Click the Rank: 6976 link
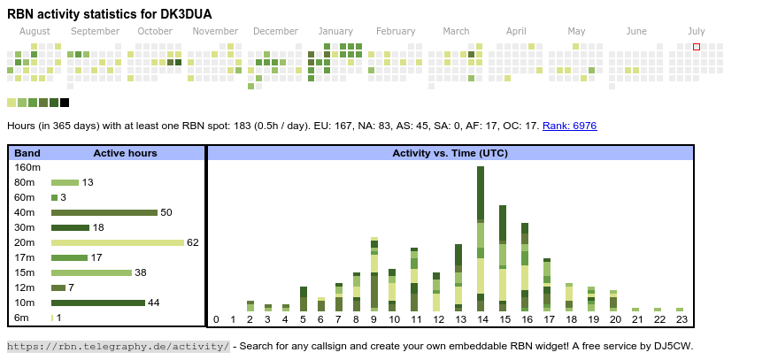(569, 126)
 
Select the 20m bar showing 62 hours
(117, 242)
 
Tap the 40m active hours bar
(104, 212)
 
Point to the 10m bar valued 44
(97, 303)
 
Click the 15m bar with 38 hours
(91, 272)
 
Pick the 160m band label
(27, 167)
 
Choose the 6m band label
(22, 318)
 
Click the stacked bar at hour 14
(481, 239)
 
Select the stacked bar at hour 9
(374, 274)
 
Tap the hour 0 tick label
(216, 319)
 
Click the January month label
(335, 31)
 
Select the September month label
(95, 31)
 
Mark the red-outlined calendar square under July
(697, 47)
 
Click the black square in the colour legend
(65, 103)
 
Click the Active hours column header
(125, 153)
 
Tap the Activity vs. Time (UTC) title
(450, 153)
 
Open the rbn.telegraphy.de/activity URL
(119, 346)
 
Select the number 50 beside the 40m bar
(166, 212)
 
